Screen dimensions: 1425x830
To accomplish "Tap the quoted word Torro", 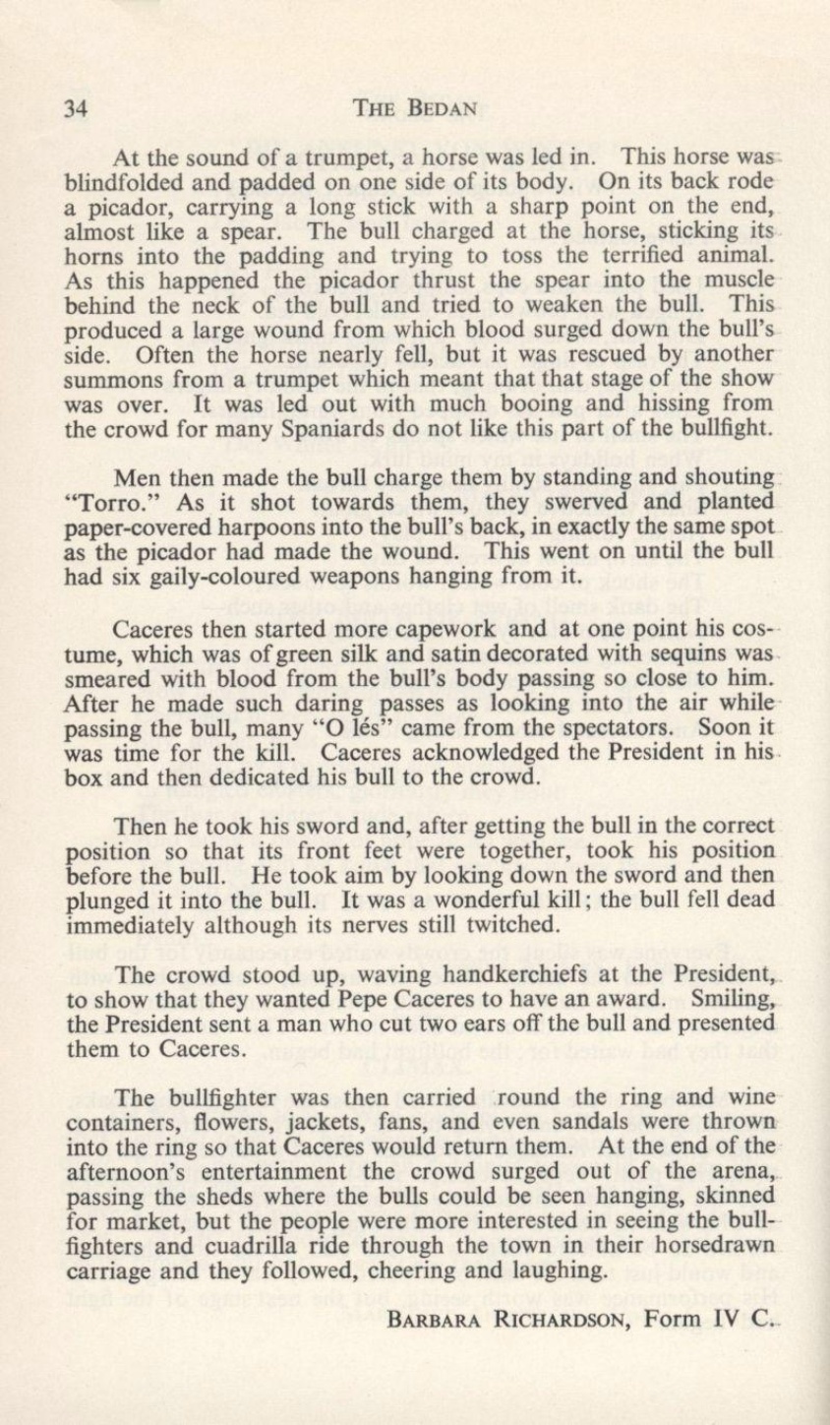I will tap(103, 503).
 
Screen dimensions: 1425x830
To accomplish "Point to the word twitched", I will tap(505, 924).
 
